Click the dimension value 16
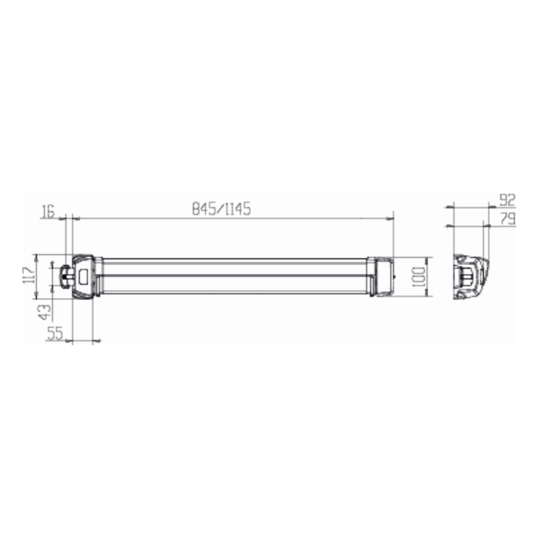click(x=48, y=211)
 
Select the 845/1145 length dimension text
click(x=221, y=209)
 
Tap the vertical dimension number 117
click(x=29, y=274)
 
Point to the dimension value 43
click(x=45, y=312)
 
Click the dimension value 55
click(x=55, y=333)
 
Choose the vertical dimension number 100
click(x=418, y=277)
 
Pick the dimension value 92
click(x=508, y=199)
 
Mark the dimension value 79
click(x=508, y=218)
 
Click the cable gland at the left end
click(x=66, y=276)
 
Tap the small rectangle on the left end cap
click(x=84, y=277)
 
